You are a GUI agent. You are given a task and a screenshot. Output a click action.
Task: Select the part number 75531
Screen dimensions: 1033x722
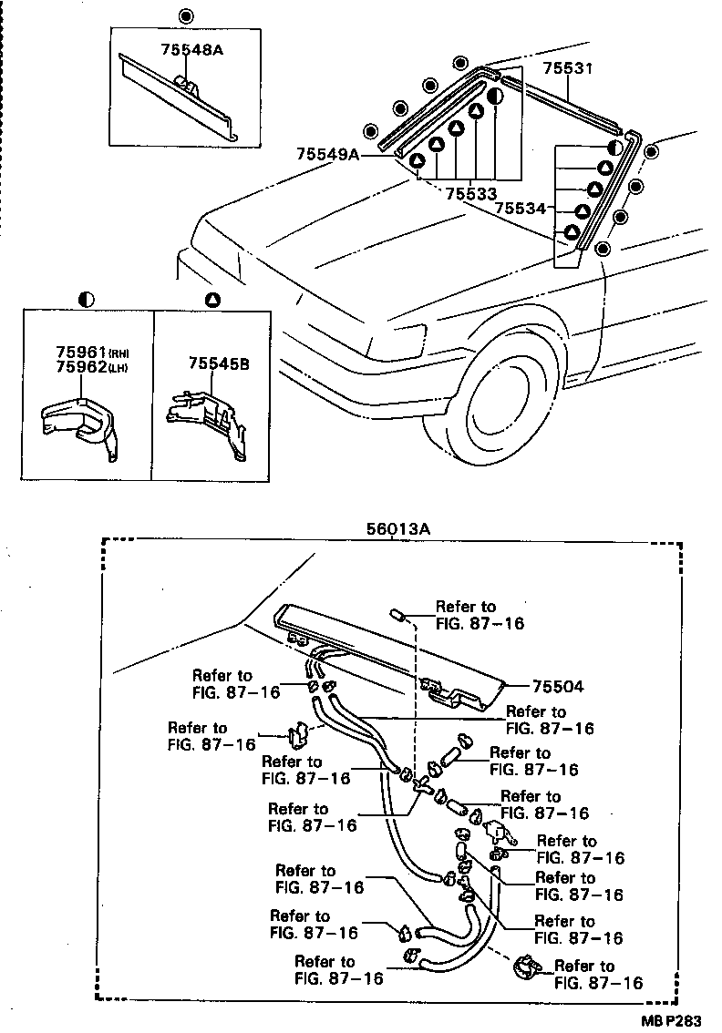pos(568,68)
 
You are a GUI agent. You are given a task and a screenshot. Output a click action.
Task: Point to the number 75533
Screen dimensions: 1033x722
pos(470,193)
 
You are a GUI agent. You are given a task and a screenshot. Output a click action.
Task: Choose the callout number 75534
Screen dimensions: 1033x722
pos(520,210)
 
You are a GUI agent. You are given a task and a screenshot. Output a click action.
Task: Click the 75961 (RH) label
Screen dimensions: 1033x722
pos(79,352)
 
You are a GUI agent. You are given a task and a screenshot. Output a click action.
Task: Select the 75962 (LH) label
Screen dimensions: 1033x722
pos(79,367)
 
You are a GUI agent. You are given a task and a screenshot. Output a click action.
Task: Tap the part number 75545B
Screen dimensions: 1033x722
pos(218,363)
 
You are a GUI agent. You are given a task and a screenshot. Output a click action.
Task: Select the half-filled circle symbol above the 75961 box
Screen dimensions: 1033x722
pos(87,298)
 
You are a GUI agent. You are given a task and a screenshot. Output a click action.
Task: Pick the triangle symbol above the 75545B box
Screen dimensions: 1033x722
pos(211,298)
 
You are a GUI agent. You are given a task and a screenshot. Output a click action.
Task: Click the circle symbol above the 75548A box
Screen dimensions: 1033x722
pos(186,15)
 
